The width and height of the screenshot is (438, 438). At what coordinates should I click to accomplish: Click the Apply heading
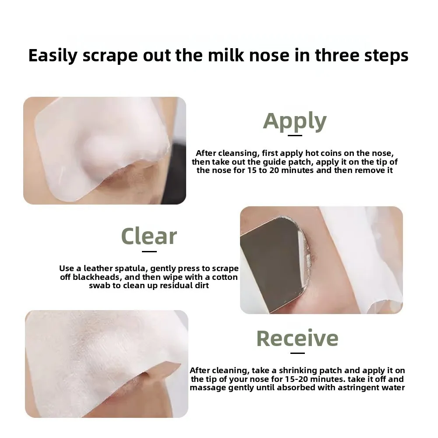(x=295, y=121)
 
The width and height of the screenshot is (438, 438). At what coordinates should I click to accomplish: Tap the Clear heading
(x=149, y=237)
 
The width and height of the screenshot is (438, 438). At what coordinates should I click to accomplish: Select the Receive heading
(x=297, y=338)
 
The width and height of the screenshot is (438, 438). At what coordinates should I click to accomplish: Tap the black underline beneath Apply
(x=295, y=135)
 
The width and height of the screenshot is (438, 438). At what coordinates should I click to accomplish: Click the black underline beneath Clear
(x=149, y=251)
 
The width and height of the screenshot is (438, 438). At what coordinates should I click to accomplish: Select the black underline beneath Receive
(x=297, y=353)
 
